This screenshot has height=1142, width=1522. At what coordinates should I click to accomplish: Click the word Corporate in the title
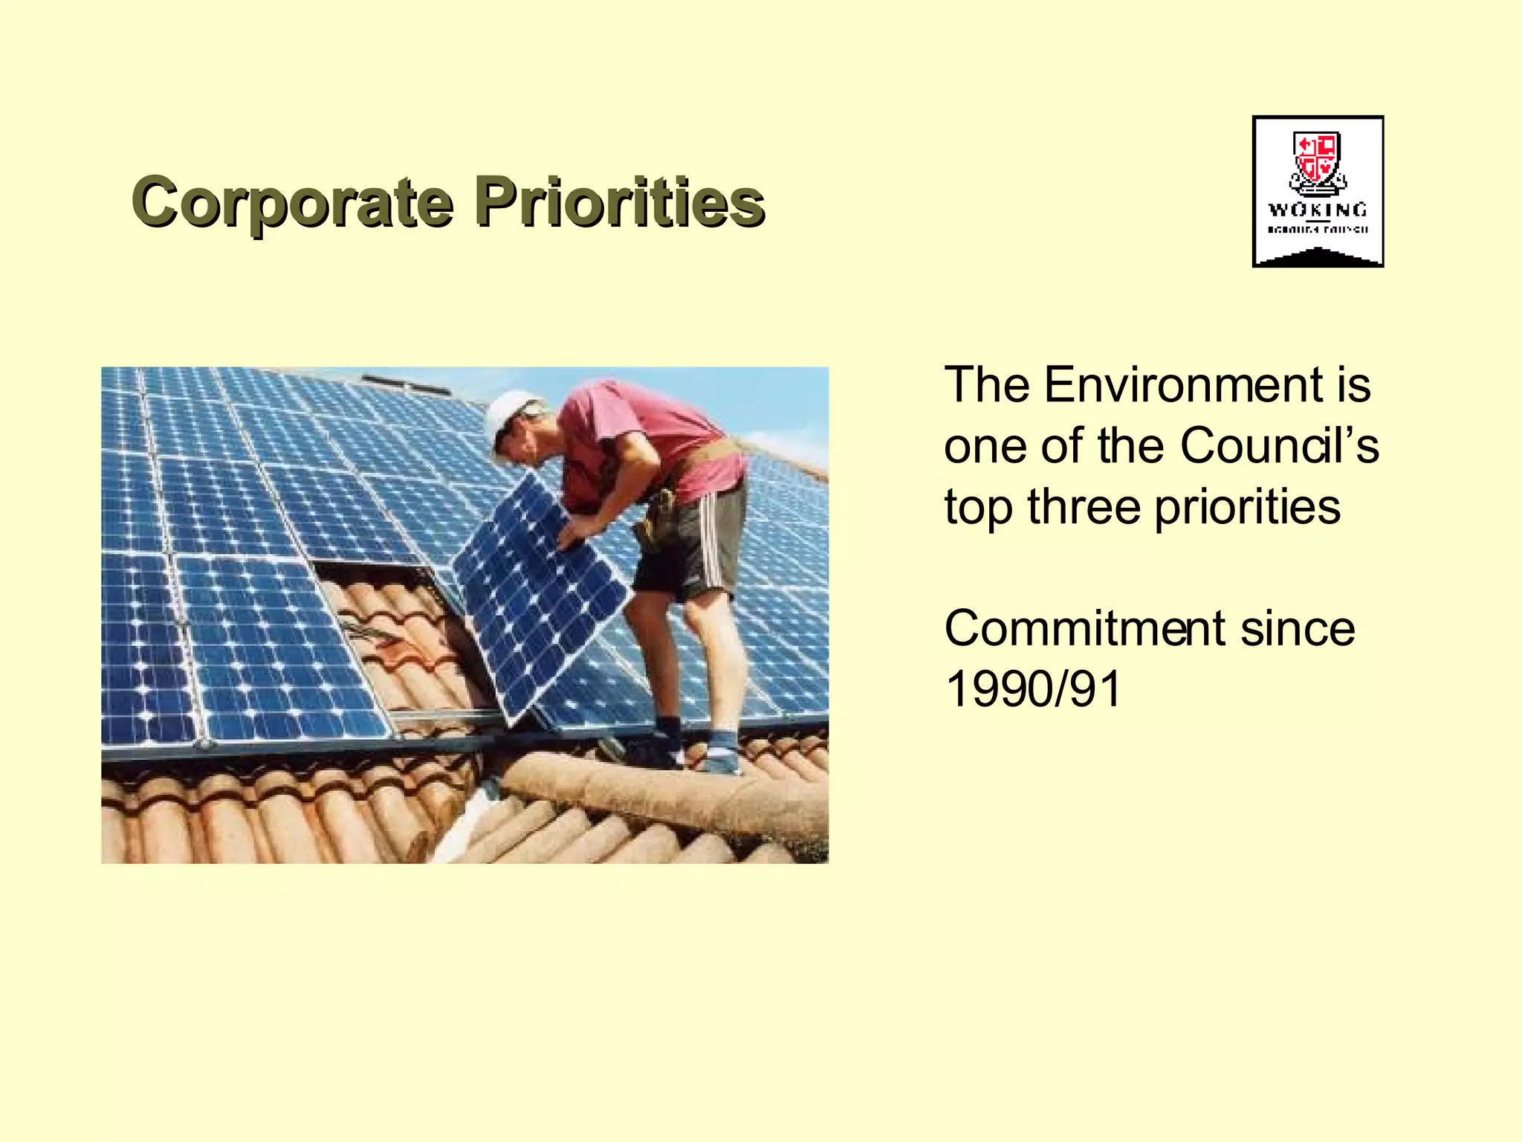click(x=292, y=202)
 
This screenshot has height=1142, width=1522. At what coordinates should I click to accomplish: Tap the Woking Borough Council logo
click(x=1317, y=191)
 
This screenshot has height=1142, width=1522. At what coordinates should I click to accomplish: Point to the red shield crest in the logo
click(x=1316, y=157)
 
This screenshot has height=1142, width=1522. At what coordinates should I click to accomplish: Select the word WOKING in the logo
click(x=1317, y=210)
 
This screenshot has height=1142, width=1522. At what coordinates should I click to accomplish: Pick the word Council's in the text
click(x=1279, y=446)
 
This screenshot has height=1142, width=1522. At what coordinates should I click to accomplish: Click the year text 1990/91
click(x=1033, y=690)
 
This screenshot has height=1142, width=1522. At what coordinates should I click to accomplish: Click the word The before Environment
click(x=987, y=385)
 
